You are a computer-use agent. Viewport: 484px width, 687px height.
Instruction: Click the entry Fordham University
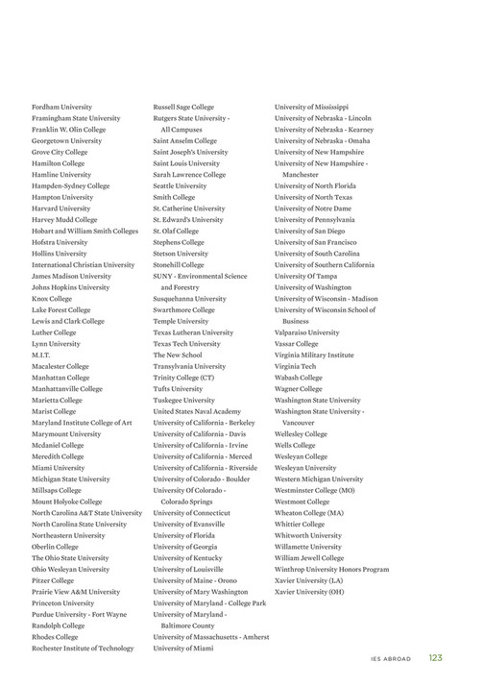coord(61,107)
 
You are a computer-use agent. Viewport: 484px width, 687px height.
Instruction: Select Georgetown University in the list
coord(66,140)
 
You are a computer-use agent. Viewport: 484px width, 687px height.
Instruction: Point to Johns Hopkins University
coord(70,287)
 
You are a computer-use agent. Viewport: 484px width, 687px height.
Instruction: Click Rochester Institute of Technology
coord(83,648)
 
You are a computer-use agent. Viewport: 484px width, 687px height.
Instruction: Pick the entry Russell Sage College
coord(183,107)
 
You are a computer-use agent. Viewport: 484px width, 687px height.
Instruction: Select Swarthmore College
coord(183,309)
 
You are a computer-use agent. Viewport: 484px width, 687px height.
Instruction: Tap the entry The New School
coord(180,355)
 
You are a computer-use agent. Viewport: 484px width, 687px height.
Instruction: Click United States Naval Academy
coord(197,410)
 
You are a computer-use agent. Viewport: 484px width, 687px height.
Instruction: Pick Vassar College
coord(296,343)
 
